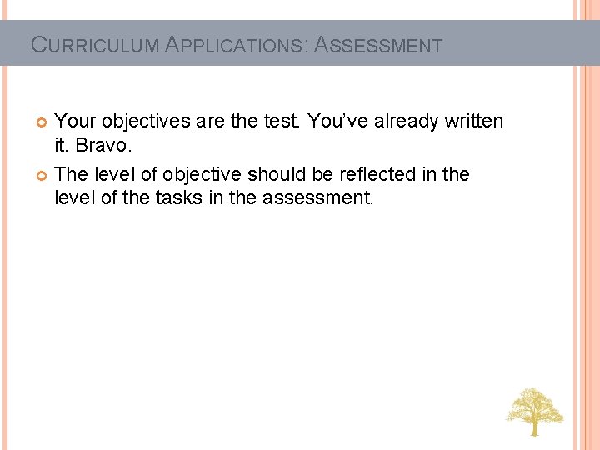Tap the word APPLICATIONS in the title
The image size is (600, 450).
coord(237,45)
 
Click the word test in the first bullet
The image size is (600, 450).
coord(282,122)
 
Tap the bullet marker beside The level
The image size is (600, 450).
coord(42,176)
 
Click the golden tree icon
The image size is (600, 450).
coord(534,411)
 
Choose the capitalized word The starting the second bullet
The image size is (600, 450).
coord(72,175)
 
